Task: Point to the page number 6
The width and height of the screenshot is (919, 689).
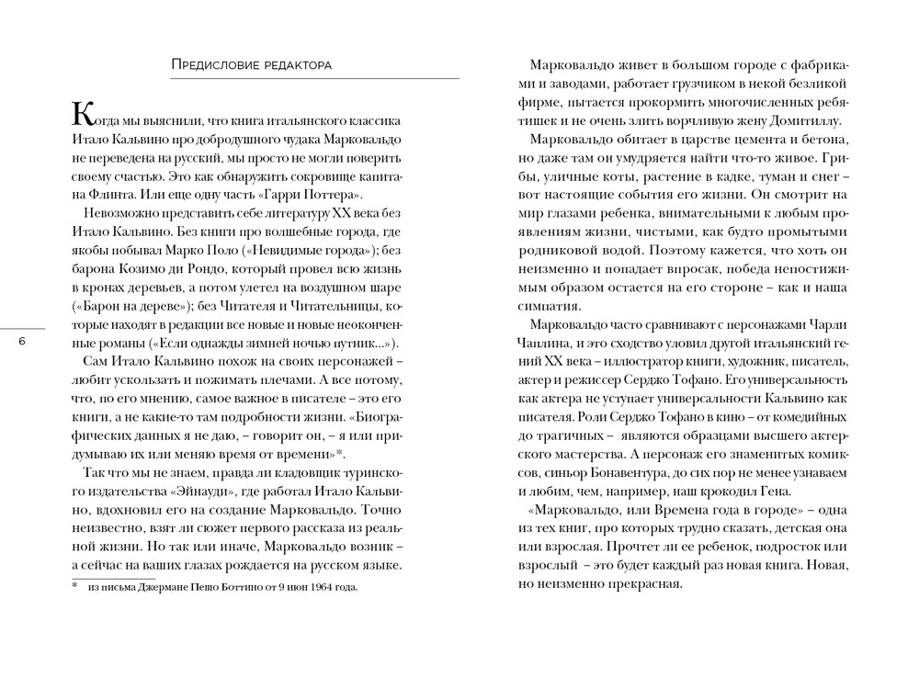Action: [x=23, y=342]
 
